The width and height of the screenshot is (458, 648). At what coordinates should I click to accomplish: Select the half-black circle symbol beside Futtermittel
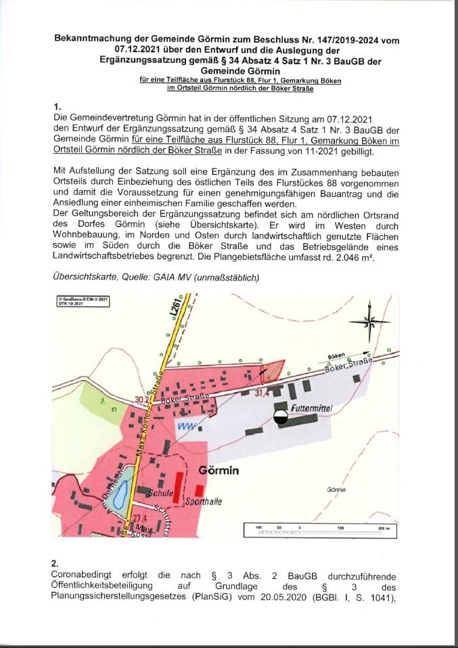point(281,417)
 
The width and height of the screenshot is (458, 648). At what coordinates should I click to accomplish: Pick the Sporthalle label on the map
point(204,502)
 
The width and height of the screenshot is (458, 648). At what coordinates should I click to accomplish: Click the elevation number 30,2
point(141,400)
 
